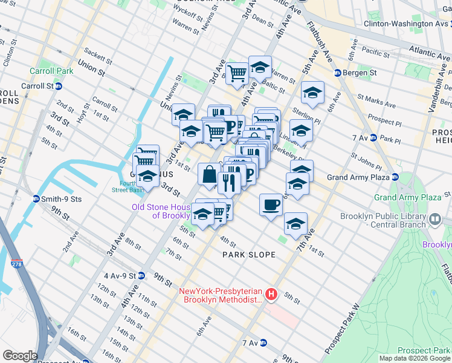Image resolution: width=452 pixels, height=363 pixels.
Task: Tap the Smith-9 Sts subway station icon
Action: point(37,198)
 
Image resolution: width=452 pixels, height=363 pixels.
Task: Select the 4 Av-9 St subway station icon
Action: point(141,275)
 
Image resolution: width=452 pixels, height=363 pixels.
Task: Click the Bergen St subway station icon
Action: point(338,73)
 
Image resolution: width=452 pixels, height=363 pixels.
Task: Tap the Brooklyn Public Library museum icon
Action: point(434,218)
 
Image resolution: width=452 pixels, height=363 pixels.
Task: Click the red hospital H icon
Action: point(271,295)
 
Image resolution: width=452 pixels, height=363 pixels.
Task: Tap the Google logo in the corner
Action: point(21,356)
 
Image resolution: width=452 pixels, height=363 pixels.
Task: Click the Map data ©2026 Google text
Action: point(415,358)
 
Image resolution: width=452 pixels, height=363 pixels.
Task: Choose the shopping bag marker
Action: point(209,174)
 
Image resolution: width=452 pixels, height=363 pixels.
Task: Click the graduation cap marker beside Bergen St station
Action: point(312,93)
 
